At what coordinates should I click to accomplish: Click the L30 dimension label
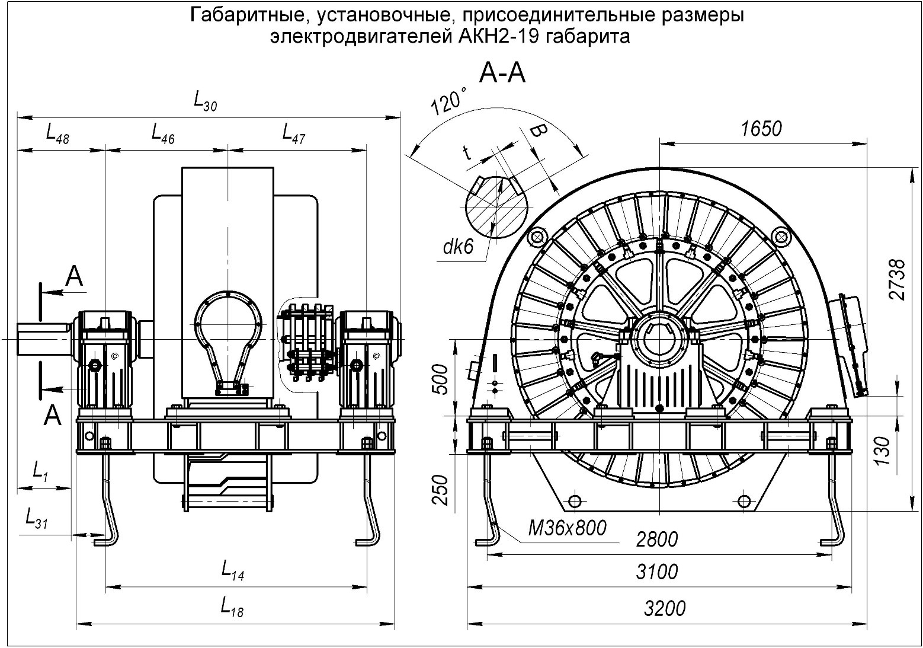point(206,101)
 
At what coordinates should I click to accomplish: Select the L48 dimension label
point(57,134)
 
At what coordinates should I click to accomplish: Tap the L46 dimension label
point(163,133)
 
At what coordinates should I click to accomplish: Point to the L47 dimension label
point(294,133)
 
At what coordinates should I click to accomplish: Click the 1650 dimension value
point(761,128)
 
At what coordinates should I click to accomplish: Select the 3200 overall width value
point(664,608)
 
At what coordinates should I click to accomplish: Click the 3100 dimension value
point(656,572)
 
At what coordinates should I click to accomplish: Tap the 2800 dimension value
point(656,540)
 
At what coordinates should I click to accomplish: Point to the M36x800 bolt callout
point(568,527)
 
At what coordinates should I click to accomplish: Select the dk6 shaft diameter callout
point(458,247)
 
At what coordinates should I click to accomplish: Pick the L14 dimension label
point(233,571)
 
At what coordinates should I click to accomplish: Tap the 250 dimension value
point(439,489)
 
